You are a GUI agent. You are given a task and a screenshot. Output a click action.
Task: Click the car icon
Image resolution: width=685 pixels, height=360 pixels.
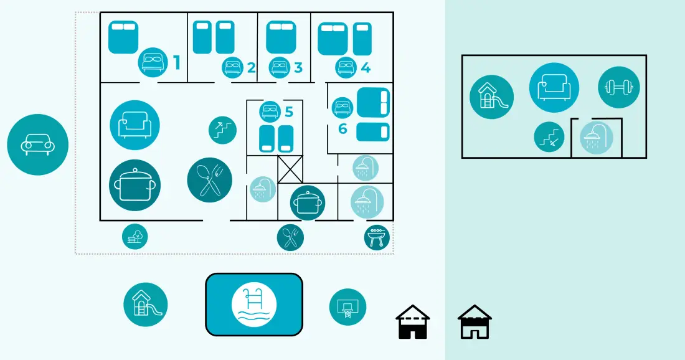37,144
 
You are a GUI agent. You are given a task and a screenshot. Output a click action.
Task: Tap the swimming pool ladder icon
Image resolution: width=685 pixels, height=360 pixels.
254,305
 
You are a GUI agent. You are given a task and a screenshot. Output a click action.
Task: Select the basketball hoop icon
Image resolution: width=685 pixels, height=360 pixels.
347,306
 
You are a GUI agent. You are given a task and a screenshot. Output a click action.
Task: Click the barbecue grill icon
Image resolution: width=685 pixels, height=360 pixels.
377,238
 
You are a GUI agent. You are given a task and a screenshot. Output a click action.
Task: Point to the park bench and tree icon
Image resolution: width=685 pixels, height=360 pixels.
135,237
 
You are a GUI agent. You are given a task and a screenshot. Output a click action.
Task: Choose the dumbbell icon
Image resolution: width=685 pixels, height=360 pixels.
618,87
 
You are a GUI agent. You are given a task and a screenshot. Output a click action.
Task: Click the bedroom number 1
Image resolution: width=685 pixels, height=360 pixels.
176,62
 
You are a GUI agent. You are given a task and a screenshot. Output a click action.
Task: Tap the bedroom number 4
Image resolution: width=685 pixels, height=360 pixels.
365,68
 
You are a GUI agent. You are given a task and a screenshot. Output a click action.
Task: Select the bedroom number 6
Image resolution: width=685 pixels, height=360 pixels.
342,128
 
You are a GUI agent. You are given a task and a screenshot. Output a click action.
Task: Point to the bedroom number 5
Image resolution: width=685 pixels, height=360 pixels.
289,112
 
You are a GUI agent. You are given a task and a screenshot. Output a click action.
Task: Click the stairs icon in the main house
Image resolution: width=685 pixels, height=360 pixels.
223,130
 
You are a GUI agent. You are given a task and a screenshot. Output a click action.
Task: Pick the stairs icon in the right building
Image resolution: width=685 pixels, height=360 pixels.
549,137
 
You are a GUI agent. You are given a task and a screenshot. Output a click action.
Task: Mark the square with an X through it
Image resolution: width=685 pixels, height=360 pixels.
290,169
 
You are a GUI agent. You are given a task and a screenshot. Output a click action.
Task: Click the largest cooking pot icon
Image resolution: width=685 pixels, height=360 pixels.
135,185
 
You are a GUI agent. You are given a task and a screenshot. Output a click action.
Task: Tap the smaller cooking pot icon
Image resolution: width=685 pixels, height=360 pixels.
308,202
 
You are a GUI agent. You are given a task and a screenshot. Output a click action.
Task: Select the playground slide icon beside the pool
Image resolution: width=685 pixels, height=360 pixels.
146,305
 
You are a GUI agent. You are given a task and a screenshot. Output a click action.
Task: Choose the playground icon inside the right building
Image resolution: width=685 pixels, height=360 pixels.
491,97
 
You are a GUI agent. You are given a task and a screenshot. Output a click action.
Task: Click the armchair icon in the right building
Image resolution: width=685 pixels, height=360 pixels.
554,87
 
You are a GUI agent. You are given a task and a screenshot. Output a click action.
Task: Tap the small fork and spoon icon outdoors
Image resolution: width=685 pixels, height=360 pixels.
290,238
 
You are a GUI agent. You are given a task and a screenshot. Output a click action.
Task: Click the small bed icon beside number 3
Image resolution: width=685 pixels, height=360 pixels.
279,68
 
